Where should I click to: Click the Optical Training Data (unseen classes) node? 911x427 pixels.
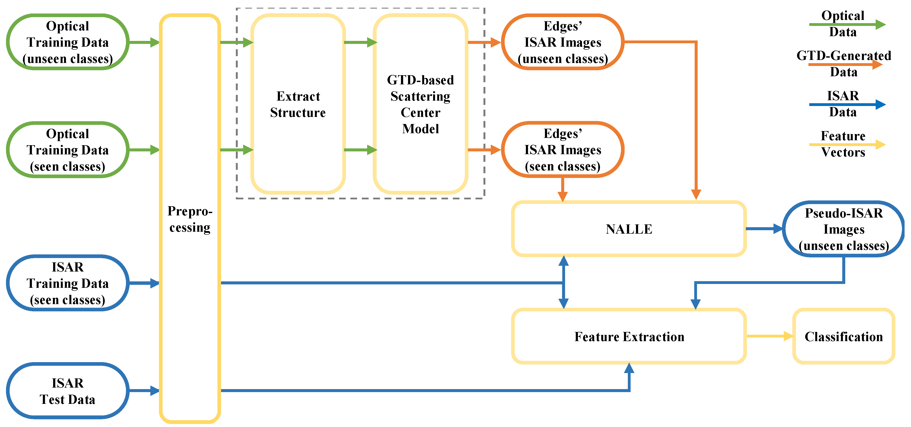(x=67, y=42)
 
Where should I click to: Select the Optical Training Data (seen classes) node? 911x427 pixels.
(x=67, y=150)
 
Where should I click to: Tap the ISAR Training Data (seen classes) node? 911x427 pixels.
(x=67, y=283)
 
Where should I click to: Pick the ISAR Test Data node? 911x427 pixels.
(x=67, y=391)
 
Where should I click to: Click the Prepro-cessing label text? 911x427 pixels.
(x=190, y=219)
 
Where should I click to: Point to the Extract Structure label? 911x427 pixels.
(x=298, y=104)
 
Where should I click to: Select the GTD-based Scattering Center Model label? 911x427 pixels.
(x=420, y=104)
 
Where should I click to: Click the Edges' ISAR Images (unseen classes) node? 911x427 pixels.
(x=562, y=42)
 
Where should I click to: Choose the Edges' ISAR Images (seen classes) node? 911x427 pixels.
(x=562, y=150)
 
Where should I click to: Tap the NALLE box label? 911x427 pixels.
(x=629, y=229)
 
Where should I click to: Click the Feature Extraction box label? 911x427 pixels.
(x=629, y=336)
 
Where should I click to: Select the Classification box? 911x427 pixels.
(x=844, y=336)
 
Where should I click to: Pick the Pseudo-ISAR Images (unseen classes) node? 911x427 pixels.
(x=844, y=229)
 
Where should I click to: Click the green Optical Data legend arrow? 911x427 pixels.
(x=847, y=24)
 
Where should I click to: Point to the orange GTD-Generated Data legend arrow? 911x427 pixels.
(x=845, y=64)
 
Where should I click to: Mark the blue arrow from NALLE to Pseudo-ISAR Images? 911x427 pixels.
(x=764, y=229)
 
